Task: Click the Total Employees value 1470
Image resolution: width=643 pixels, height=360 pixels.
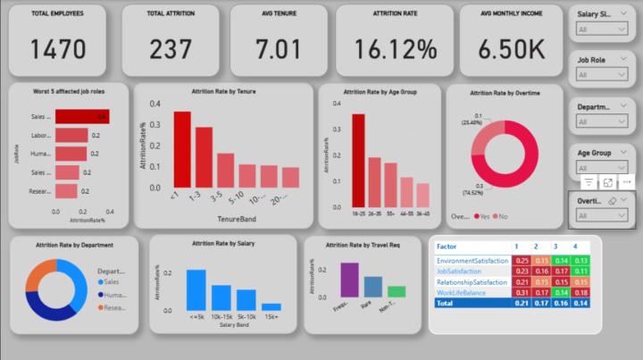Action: point(58,49)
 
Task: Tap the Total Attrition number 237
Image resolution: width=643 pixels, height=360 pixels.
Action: point(171,49)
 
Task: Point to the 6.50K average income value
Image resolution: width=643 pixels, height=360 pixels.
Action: point(510,49)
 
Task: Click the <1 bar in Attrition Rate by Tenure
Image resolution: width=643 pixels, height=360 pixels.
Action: point(182,150)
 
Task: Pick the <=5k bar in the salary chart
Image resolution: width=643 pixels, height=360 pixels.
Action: point(196,289)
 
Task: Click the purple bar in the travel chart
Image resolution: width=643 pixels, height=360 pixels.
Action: point(349,280)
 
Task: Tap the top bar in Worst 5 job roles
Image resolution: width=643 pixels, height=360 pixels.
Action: point(81,116)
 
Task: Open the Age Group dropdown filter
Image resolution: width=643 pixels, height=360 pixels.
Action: point(603,168)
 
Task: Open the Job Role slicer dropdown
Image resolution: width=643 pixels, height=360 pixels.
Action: point(603,75)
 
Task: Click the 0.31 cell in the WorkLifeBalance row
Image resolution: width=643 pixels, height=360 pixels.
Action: point(522,292)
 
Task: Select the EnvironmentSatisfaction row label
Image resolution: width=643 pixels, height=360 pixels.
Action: point(472,260)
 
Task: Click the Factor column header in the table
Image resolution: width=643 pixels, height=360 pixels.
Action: point(447,246)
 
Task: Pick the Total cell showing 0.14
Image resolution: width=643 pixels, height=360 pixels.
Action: point(580,304)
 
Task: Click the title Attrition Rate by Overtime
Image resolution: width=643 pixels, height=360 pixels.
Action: point(505,93)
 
